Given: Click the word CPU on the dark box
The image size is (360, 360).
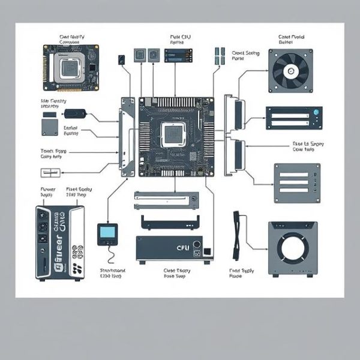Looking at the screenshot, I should tap(181, 246).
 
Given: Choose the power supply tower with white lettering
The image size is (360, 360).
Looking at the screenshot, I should tap(59, 242).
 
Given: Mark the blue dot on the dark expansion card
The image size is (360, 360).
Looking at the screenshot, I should tap(314, 112).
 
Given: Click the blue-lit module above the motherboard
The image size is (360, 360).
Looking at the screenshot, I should tap(172, 56).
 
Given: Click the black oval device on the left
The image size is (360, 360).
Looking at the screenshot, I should tap(77, 113).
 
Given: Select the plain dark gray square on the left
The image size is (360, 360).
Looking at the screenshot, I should tap(50, 127).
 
